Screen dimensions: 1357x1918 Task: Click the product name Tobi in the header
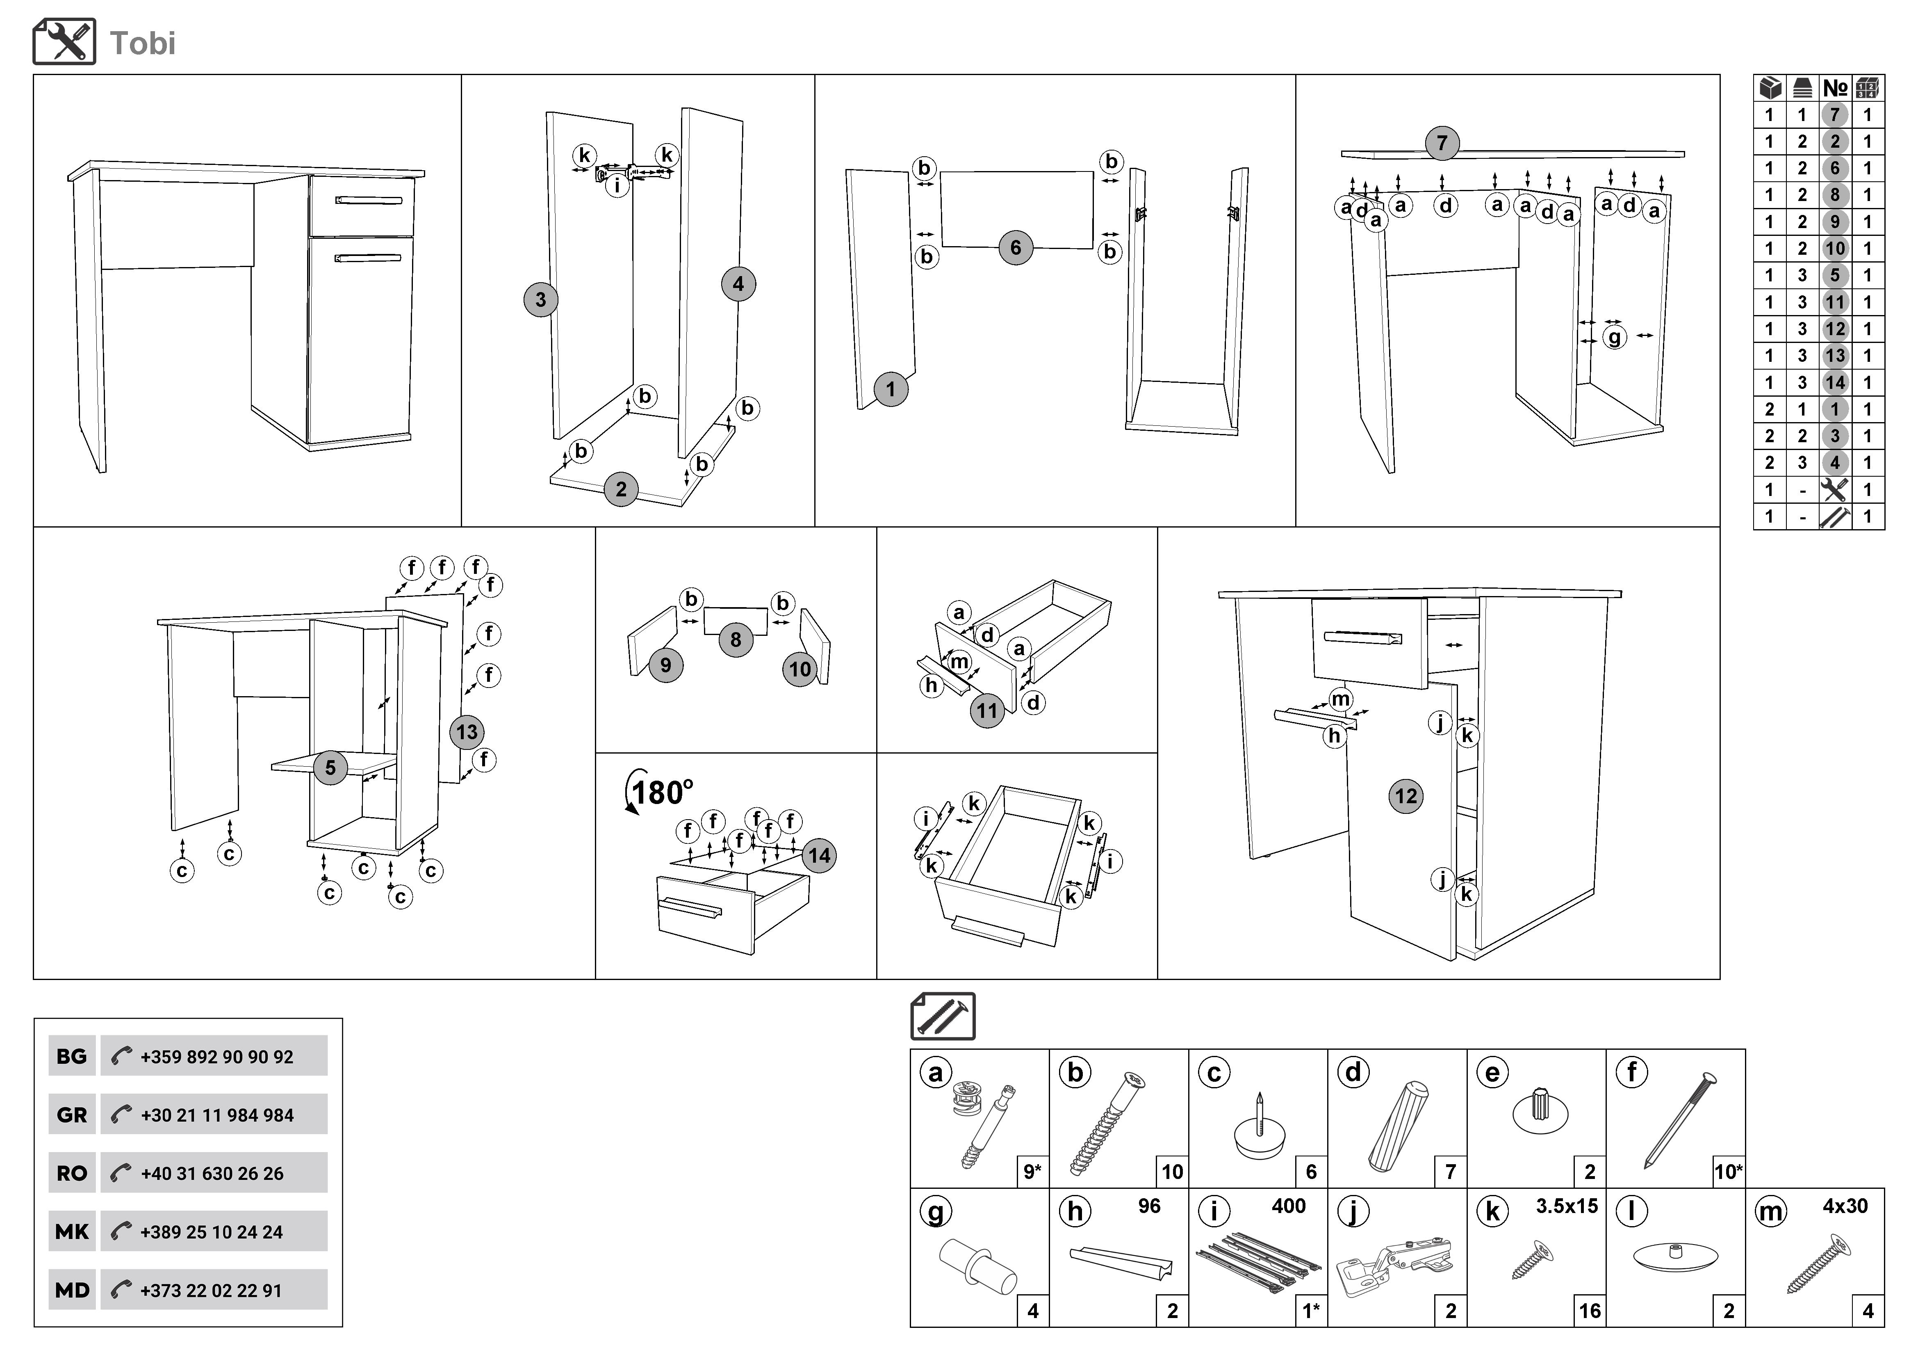point(143,43)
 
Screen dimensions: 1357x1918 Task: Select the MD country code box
point(72,1290)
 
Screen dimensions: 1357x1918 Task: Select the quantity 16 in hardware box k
point(1590,1311)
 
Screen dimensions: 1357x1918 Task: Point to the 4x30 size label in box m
point(1845,1206)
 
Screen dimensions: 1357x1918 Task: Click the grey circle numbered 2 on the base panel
point(621,489)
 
